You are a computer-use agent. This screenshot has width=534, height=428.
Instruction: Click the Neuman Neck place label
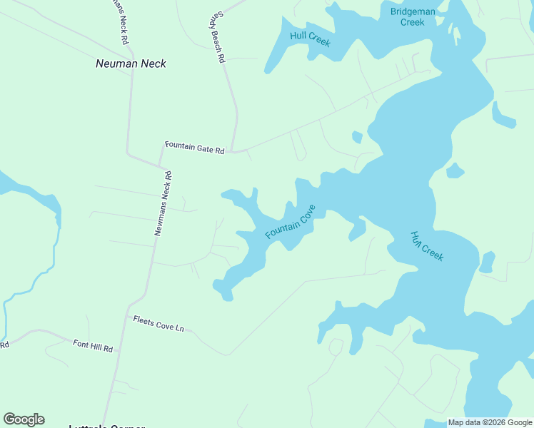(131, 63)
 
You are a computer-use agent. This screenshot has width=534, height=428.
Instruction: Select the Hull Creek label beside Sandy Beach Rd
(310, 39)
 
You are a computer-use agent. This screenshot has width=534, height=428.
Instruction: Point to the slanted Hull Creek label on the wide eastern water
(427, 245)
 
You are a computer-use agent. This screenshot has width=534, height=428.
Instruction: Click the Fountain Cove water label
(290, 224)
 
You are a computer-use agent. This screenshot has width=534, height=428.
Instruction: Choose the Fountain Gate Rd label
(194, 147)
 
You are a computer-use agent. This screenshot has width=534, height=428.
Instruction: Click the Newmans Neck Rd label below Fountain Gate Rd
(163, 203)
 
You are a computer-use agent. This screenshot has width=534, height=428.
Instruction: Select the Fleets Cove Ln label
(158, 323)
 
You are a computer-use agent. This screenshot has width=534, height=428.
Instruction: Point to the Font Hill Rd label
(93, 347)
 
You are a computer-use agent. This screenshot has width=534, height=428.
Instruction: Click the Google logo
(24, 419)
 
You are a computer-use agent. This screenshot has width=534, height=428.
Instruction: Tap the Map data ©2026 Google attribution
(489, 422)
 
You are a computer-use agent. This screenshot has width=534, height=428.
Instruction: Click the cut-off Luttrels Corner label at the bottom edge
(106, 426)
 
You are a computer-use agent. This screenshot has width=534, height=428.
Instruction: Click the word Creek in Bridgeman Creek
(412, 22)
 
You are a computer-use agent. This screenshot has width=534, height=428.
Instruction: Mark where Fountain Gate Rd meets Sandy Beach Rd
(235, 151)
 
